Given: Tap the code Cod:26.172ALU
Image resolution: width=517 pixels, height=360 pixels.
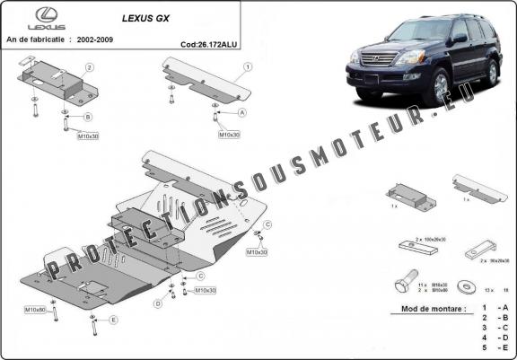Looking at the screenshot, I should point(207,42).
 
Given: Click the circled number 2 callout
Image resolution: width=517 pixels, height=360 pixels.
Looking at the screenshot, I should point(90,67).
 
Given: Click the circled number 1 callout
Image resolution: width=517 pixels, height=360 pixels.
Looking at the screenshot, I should point(247,66).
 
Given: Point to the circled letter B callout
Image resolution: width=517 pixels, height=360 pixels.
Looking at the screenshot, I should point(88,117).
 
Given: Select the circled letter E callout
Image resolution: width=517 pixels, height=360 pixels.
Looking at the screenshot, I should point(113,320).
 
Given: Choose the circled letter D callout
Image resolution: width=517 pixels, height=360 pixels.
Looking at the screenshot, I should point(157,304).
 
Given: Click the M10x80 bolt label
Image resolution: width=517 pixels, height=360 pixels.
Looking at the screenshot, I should point(36,309).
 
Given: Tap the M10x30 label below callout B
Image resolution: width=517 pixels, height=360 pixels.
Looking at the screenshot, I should point(87,137).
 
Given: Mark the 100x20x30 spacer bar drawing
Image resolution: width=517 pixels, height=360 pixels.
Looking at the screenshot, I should point(416,247).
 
